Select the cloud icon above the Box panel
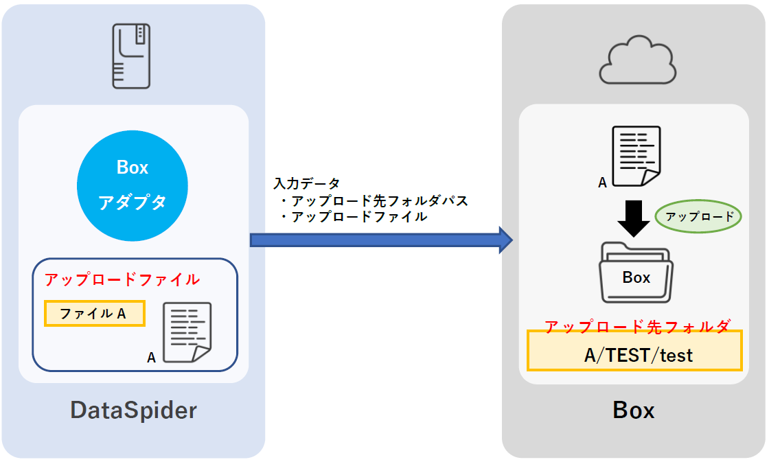(x=636, y=62)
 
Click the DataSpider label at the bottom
(x=133, y=411)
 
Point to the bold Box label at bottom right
(x=633, y=411)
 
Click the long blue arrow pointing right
(x=381, y=240)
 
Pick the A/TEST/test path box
(x=634, y=354)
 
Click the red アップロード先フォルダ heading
(x=637, y=327)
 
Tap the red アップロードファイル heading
(x=122, y=280)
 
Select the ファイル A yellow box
(x=94, y=314)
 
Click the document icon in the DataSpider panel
(x=186, y=332)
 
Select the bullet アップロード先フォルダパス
(x=374, y=201)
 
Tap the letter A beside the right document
(x=602, y=183)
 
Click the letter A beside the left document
(x=151, y=358)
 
